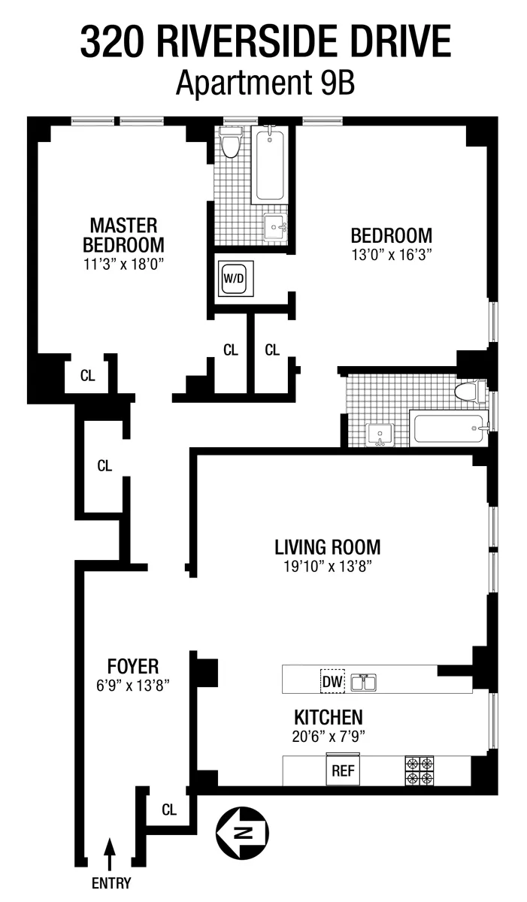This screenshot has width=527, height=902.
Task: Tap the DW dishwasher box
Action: tap(332, 683)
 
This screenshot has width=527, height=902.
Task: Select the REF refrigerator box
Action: tap(342, 770)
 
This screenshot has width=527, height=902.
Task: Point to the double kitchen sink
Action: tap(365, 683)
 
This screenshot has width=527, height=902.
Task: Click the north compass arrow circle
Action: tap(242, 832)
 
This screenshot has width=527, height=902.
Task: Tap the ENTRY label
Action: tap(111, 883)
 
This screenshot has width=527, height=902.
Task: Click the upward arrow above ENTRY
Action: tap(111, 854)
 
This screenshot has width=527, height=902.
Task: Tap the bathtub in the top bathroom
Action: tap(268, 165)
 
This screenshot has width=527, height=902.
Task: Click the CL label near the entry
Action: tap(168, 810)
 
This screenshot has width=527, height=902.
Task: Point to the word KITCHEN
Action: tap(328, 717)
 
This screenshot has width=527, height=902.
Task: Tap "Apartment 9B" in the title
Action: tap(265, 83)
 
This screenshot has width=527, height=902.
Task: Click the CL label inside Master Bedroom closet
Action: tap(88, 377)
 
